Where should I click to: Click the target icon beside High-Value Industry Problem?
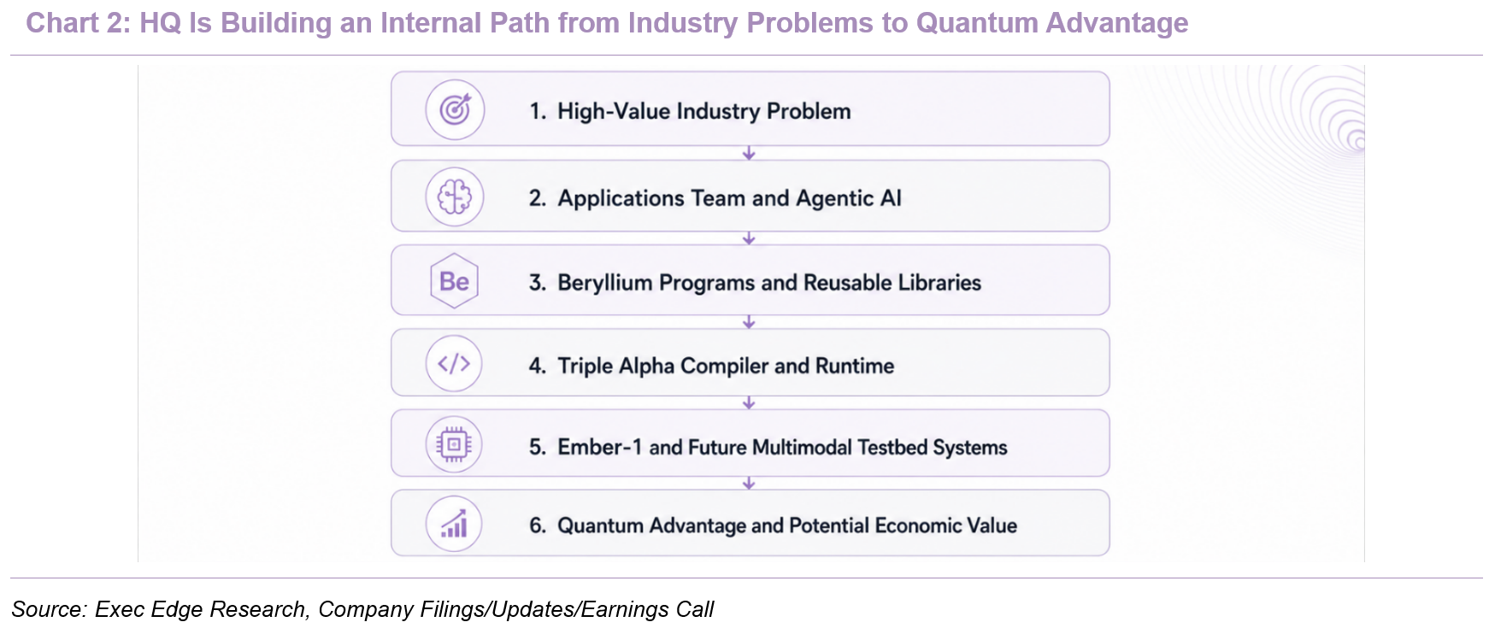455,109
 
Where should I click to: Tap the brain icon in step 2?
455,197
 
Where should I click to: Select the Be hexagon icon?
455,281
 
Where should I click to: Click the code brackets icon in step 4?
454,364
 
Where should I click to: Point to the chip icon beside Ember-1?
454,444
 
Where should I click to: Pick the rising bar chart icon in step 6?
454,524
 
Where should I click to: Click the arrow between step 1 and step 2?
749,153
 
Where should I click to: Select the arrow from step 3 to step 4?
749,322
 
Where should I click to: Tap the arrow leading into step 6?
749,484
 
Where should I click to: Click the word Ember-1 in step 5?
599,447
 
